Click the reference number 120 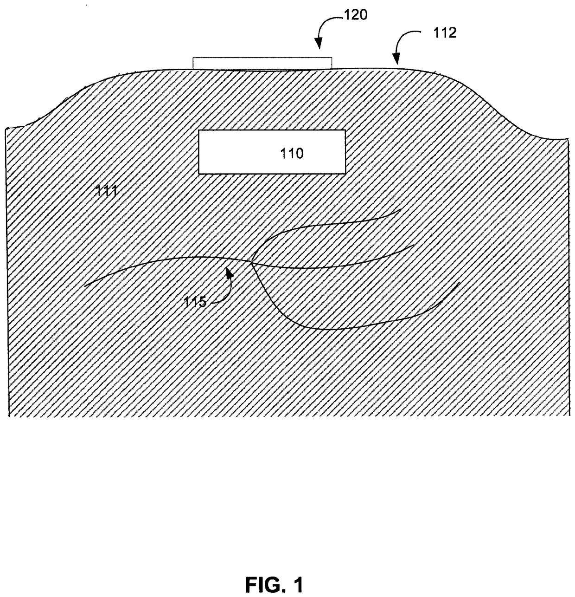[x=355, y=15]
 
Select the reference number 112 [x=445, y=32]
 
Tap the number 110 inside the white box [x=292, y=153]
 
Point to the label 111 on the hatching [x=106, y=190]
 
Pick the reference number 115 [x=194, y=302]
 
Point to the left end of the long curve [x=85, y=286]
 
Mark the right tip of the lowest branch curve [x=459, y=282]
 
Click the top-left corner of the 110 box [x=199, y=130]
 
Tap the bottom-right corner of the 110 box [x=345, y=174]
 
